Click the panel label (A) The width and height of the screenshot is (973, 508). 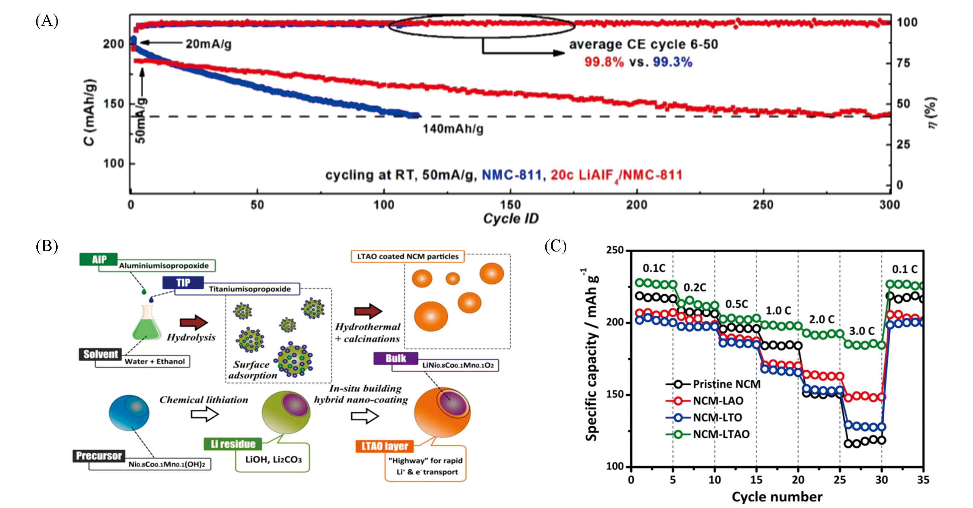[47, 21]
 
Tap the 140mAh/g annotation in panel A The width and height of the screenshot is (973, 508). [453, 129]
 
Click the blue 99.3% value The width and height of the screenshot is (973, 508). [672, 62]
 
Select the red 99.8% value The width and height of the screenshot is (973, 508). [604, 62]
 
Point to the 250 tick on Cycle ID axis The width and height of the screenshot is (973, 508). [763, 205]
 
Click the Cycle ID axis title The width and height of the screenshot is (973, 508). [511, 219]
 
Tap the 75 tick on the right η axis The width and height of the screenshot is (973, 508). [903, 63]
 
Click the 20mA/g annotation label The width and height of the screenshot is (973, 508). [208, 44]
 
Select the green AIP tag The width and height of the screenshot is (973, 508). [99, 260]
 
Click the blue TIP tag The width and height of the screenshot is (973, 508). [183, 283]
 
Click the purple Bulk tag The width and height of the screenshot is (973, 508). [396, 359]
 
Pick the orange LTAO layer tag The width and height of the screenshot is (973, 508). [384, 446]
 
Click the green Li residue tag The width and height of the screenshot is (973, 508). [233, 444]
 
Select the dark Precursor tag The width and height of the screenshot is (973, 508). [99, 456]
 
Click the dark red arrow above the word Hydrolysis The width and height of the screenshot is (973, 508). [193, 322]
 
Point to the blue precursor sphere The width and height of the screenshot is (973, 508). [129, 413]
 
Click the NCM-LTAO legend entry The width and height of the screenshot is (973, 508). [721, 434]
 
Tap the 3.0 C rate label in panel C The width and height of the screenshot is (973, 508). [862, 331]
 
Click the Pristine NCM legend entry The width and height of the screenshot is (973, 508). [726, 384]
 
